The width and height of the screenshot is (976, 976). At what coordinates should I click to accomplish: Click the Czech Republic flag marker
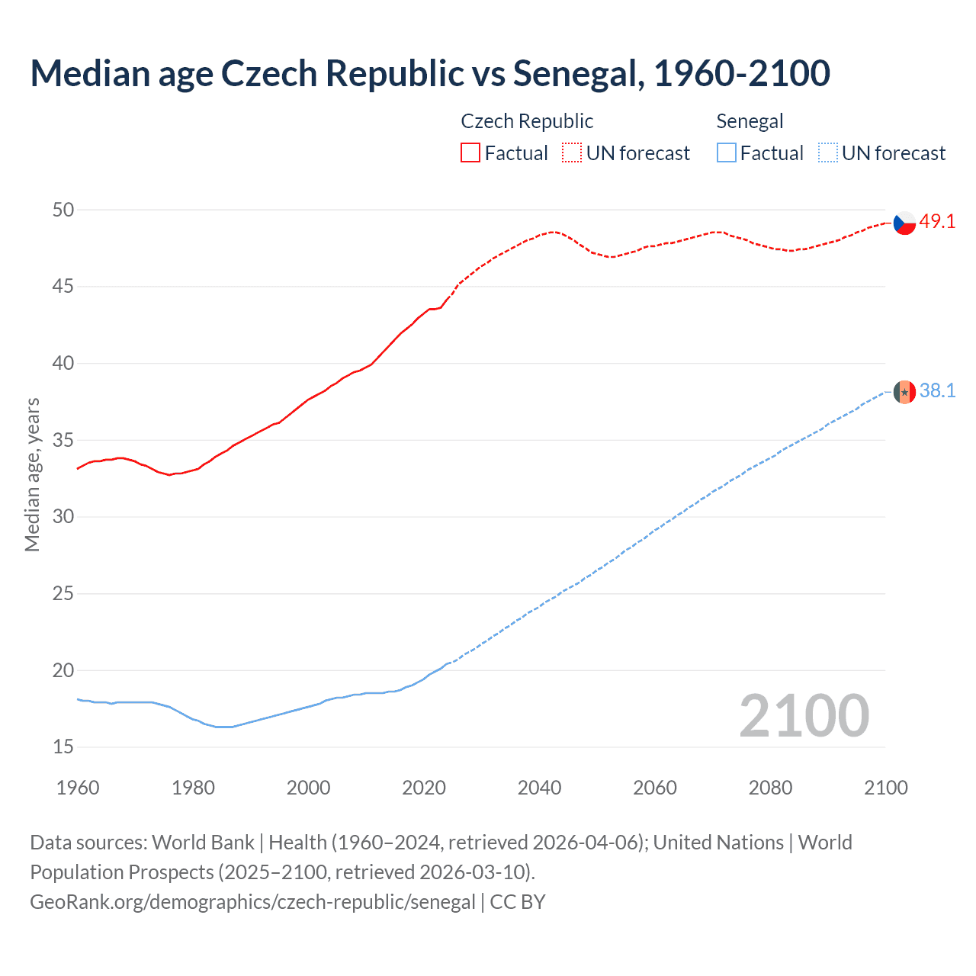904,223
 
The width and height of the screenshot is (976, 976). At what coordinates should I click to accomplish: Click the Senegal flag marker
904,392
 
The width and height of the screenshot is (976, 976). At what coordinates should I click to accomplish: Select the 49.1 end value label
937,222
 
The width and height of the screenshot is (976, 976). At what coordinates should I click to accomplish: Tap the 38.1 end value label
937,391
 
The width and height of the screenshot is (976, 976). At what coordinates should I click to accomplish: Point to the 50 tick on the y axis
63,210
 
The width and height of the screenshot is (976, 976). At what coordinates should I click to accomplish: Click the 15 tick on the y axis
63,747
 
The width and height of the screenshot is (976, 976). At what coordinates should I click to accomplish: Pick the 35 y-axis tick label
63,441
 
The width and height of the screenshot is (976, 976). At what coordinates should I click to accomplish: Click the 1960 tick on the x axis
78,788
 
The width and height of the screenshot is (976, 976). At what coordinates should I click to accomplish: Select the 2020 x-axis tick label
424,788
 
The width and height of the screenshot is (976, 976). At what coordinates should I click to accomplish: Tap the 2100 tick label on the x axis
885,788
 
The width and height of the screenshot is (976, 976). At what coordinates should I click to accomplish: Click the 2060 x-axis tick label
655,788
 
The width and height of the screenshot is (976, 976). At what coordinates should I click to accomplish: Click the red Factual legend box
470,153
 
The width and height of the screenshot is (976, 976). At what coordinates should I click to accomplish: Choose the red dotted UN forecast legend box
572,153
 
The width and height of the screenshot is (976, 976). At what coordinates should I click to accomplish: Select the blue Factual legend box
727,153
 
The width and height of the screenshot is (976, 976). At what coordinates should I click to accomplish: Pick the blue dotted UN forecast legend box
827,153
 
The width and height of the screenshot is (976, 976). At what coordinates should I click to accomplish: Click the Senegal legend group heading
750,122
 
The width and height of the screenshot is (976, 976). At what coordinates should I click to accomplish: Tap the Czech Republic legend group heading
527,122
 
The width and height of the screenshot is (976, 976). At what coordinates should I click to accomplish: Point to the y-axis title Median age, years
32,474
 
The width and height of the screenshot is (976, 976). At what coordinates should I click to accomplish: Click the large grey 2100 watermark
804,716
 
